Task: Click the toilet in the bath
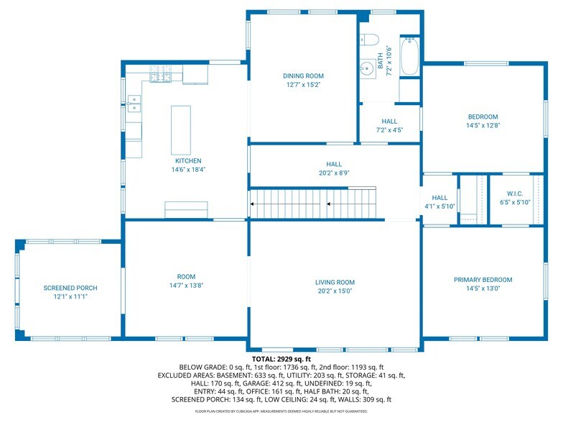[369, 40]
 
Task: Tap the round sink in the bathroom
[367, 68]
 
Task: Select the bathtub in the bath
[409, 56]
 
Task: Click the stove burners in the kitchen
[161, 73]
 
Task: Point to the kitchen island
[181, 130]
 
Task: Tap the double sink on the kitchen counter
[134, 104]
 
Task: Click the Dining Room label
[303, 76]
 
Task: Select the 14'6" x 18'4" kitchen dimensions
[188, 170]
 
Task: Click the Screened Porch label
[70, 288]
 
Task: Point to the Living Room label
[335, 282]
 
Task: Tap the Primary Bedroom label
[483, 280]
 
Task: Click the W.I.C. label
[515, 194]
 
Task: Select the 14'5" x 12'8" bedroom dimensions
[483, 125]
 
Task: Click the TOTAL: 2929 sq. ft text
[281, 359]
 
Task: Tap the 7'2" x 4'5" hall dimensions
[389, 130]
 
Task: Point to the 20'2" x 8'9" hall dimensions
[335, 173]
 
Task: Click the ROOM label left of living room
[187, 276]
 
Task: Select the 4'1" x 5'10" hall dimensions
[439, 206]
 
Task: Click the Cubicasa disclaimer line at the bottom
[281, 411]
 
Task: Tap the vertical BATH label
[381, 60]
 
